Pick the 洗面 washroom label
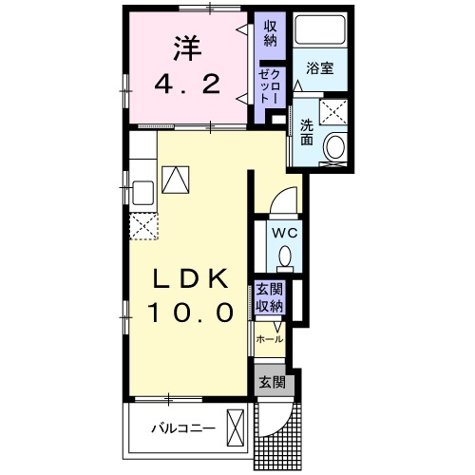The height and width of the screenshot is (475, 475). [308, 132]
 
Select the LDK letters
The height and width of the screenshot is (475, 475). [192, 279]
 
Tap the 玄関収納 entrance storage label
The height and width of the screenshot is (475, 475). [269, 298]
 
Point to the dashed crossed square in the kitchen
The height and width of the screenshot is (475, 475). [143, 226]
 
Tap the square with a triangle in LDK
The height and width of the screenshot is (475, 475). [175, 178]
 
